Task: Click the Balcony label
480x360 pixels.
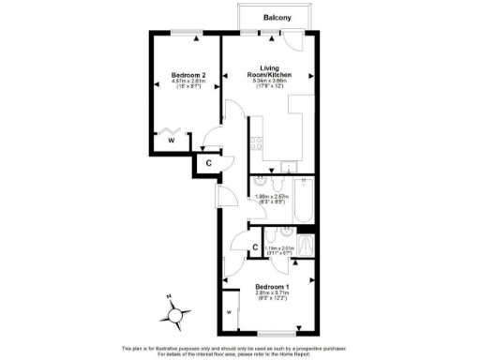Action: click(x=277, y=17)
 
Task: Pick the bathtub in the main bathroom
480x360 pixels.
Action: click(x=301, y=201)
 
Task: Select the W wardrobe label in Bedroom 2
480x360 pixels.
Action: click(x=171, y=142)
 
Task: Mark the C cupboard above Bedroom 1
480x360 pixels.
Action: click(x=254, y=247)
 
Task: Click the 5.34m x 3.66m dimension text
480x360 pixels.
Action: click(x=270, y=81)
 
